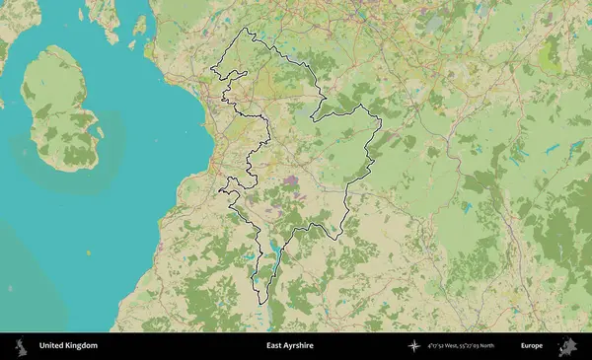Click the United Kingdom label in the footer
[68, 346]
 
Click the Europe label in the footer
[532, 346]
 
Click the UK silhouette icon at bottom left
[19, 346]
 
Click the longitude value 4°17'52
[435, 346]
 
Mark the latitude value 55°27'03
[467, 346]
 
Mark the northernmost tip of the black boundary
[249, 29]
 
